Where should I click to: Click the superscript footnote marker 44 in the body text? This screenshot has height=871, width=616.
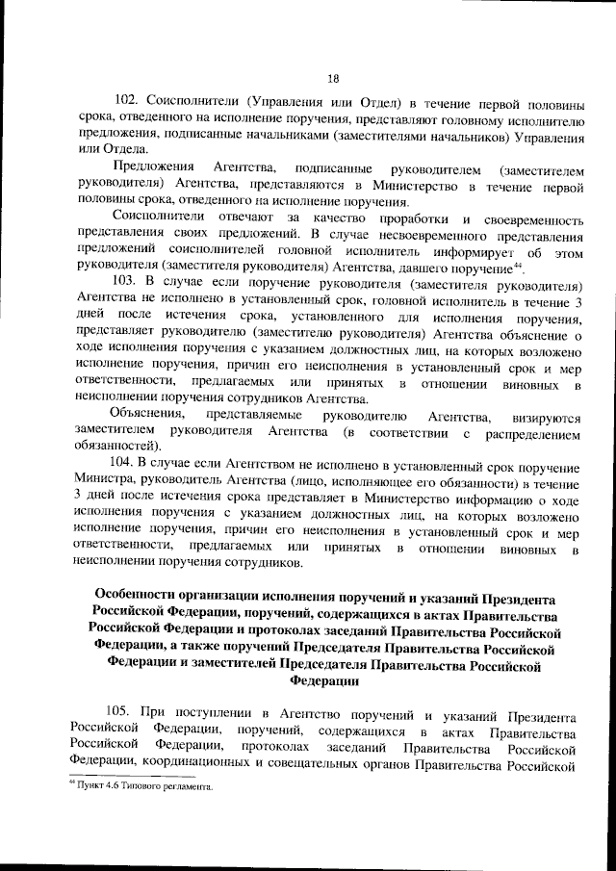(x=516, y=265)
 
